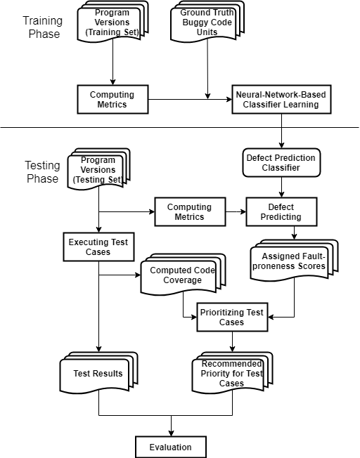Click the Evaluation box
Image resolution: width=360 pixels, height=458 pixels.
(171, 447)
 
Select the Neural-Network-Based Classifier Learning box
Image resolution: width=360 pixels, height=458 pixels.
(282, 99)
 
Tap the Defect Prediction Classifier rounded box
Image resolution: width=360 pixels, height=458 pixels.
(282, 163)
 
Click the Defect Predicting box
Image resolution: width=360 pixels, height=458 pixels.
(282, 211)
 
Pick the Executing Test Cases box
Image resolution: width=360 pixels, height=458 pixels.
(99, 247)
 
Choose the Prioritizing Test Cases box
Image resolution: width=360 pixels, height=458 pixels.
(233, 317)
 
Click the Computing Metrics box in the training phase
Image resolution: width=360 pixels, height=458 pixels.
(113, 99)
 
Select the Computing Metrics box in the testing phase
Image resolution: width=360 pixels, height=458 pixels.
(190, 211)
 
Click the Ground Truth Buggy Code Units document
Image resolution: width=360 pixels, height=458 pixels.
(207, 22)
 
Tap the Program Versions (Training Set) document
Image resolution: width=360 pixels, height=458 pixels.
(113, 22)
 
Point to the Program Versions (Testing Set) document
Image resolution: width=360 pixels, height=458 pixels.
(99, 169)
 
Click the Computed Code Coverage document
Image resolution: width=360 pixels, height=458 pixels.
(184, 275)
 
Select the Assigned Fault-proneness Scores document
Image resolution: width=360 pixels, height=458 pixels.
(294, 261)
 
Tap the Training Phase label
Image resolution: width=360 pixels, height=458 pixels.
(43, 27)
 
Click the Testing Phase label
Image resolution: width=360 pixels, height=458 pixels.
(43, 171)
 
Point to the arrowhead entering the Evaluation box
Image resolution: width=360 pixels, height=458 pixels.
(171, 433)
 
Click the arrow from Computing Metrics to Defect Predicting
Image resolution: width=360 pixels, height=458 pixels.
(236, 211)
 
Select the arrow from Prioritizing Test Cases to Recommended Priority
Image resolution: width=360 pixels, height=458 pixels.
(233, 342)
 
